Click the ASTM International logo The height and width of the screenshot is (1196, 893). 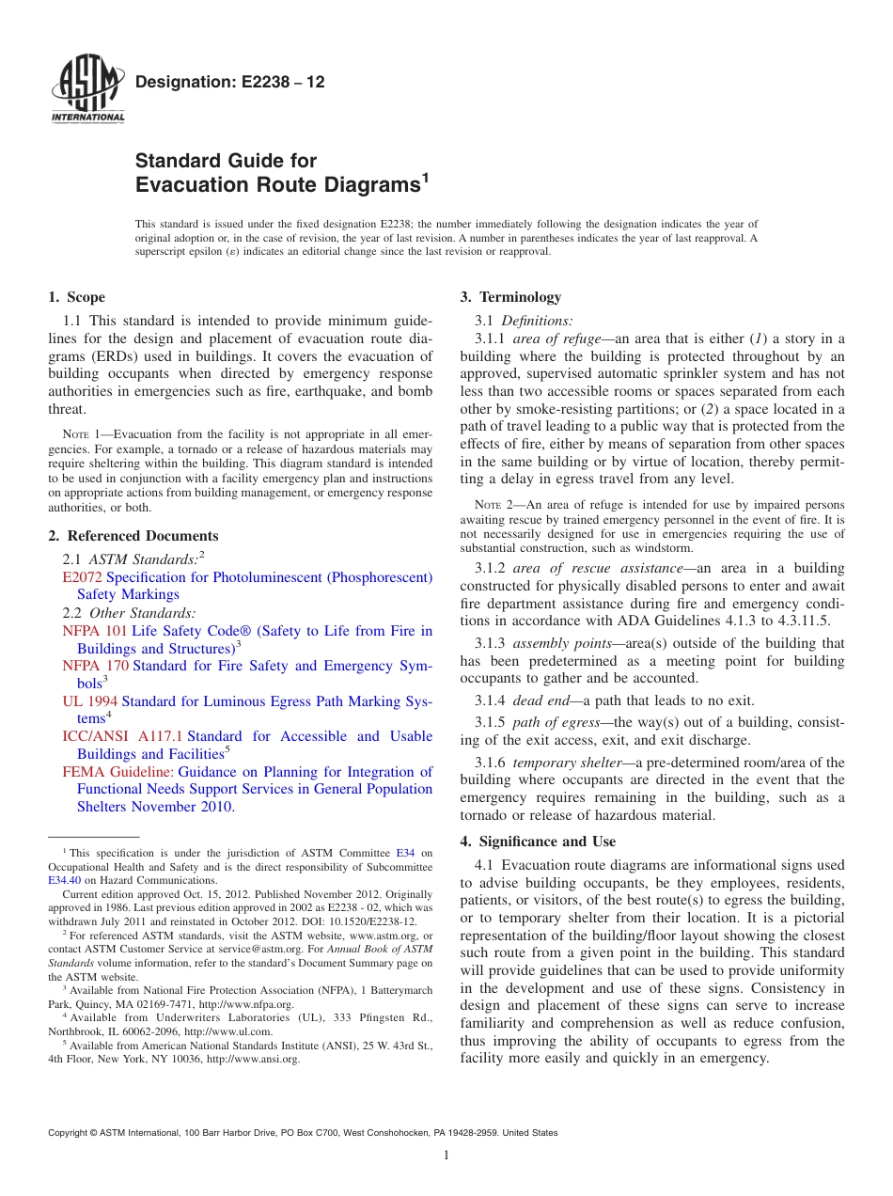click(x=87, y=91)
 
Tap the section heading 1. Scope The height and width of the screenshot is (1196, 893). click(x=77, y=297)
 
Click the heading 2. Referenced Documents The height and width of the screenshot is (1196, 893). click(x=133, y=536)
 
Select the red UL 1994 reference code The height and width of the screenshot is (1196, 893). click(x=89, y=701)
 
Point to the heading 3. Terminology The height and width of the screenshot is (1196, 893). click(x=510, y=297)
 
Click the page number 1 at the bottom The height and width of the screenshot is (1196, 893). click(x=446, y=1155)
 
